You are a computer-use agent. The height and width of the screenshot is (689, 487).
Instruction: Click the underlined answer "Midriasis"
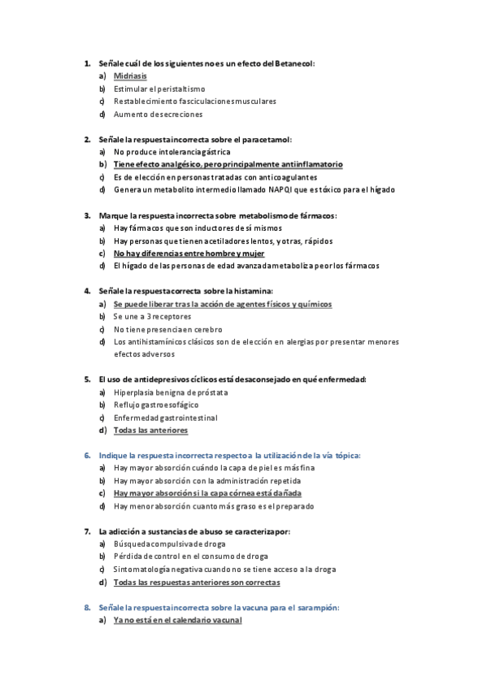(130, 76)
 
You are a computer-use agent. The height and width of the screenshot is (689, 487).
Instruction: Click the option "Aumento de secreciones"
(158, 114)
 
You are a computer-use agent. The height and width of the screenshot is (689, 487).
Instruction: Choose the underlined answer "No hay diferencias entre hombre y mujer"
(178, 253)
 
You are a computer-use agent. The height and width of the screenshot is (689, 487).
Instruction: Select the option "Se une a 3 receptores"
(152, 316)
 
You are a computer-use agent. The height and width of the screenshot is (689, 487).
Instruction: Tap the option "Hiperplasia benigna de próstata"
(171, 392)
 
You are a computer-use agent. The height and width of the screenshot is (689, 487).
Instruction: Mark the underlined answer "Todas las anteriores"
(150, 430)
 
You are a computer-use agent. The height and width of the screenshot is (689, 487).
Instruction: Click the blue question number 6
(87, 455)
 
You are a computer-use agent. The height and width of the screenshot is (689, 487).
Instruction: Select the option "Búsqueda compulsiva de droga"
(169, 544)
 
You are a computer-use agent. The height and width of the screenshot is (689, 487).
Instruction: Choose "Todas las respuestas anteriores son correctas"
(197, 582)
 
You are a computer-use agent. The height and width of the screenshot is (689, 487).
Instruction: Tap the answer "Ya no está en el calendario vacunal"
(177, 620)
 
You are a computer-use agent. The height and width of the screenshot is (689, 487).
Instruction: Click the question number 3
(87, 215)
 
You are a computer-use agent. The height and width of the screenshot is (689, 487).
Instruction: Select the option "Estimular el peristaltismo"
(159, 89)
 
